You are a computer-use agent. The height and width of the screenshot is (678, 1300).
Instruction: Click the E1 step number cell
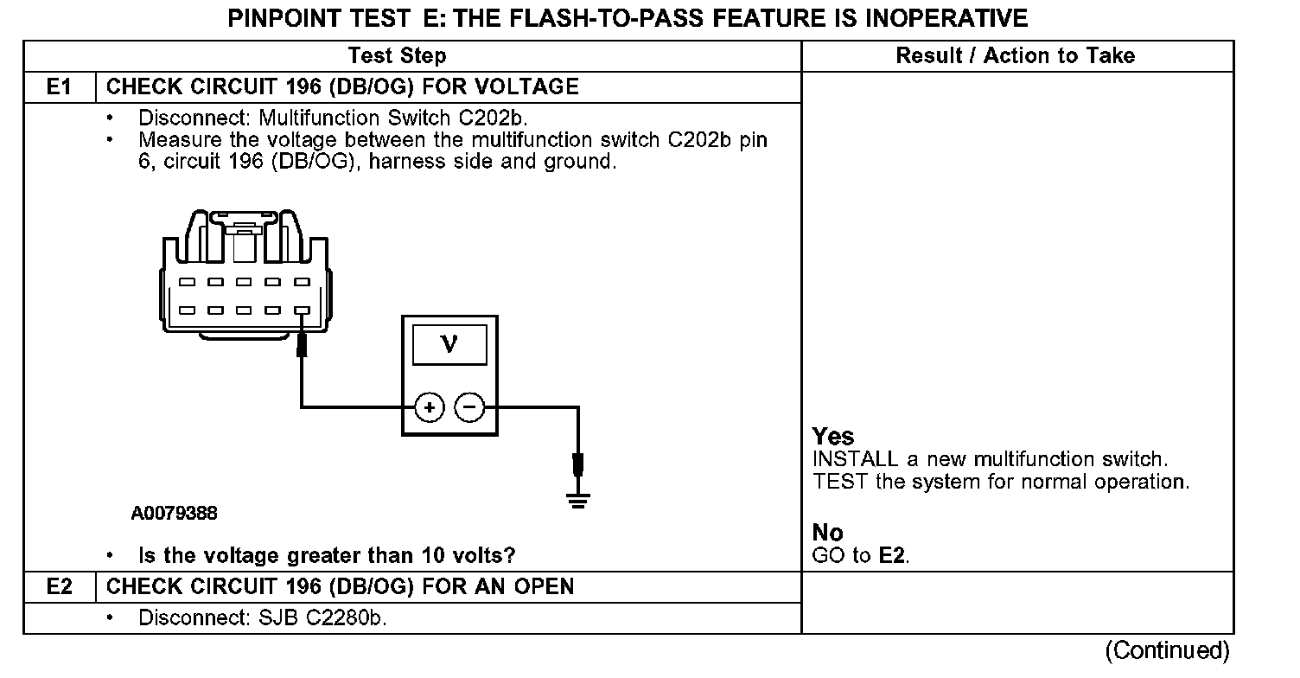click(x=59, y=86)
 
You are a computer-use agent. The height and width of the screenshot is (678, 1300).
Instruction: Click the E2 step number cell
click(x=59, y=586)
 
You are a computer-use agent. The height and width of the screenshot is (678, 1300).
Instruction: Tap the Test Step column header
click(x=397, y=56)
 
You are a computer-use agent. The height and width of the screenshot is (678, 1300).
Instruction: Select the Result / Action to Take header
click(x=1015, y=56)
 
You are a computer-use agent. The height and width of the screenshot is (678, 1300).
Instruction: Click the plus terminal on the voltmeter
click(x=430, y=406)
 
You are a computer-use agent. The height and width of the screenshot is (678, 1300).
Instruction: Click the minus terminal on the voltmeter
click(x=469, y=406)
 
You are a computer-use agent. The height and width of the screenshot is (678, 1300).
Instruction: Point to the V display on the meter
click(x=449, y=345)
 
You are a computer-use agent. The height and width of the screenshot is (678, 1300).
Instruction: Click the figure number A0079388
click(x=175, y=514)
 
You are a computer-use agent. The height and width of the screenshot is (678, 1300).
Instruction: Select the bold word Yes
click(x=833, y=437)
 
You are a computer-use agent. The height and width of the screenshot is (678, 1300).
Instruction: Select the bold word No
click(x=827, y=533)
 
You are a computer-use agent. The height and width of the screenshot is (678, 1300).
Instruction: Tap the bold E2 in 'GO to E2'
click(x=893, y=556)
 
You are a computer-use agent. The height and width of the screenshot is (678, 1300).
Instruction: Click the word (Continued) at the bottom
click(x=1166, y=649)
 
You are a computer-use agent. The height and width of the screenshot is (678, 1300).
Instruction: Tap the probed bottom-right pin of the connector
click(x=301, y=309)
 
